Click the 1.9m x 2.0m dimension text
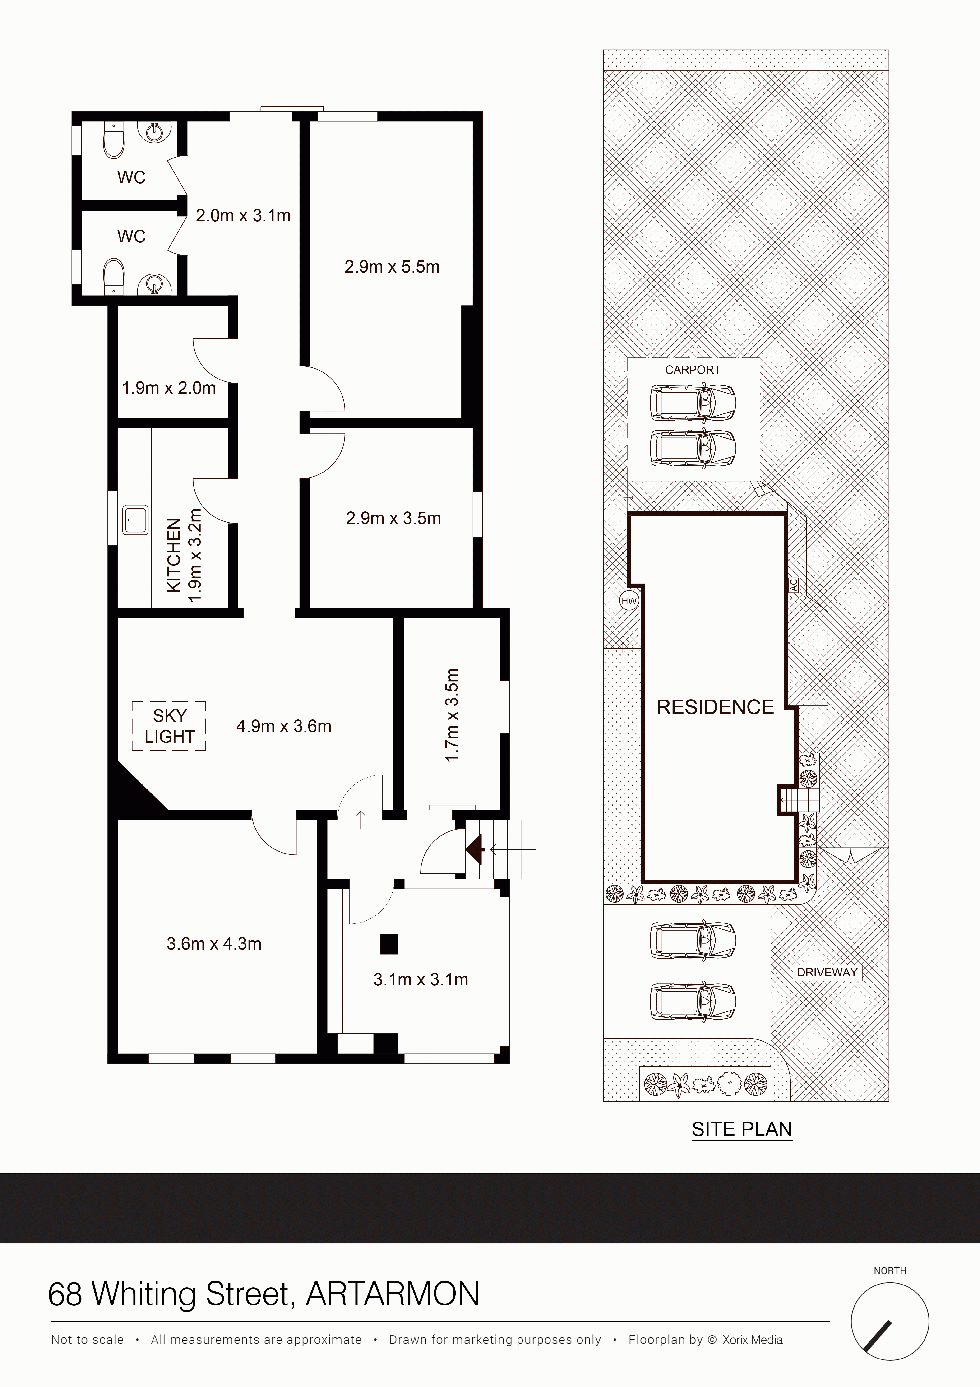pyautogui.click(x=169, y=388)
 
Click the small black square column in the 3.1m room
pyautogui.click(x=389, y=944)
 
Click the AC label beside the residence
pyautogui.click(x=793, y=585)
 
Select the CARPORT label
pyautogui.click(x=693, y=370)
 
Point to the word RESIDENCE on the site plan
pyautogui.click(x=715, y=707)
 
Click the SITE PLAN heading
pyautogui.click(x=741, y=1129)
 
